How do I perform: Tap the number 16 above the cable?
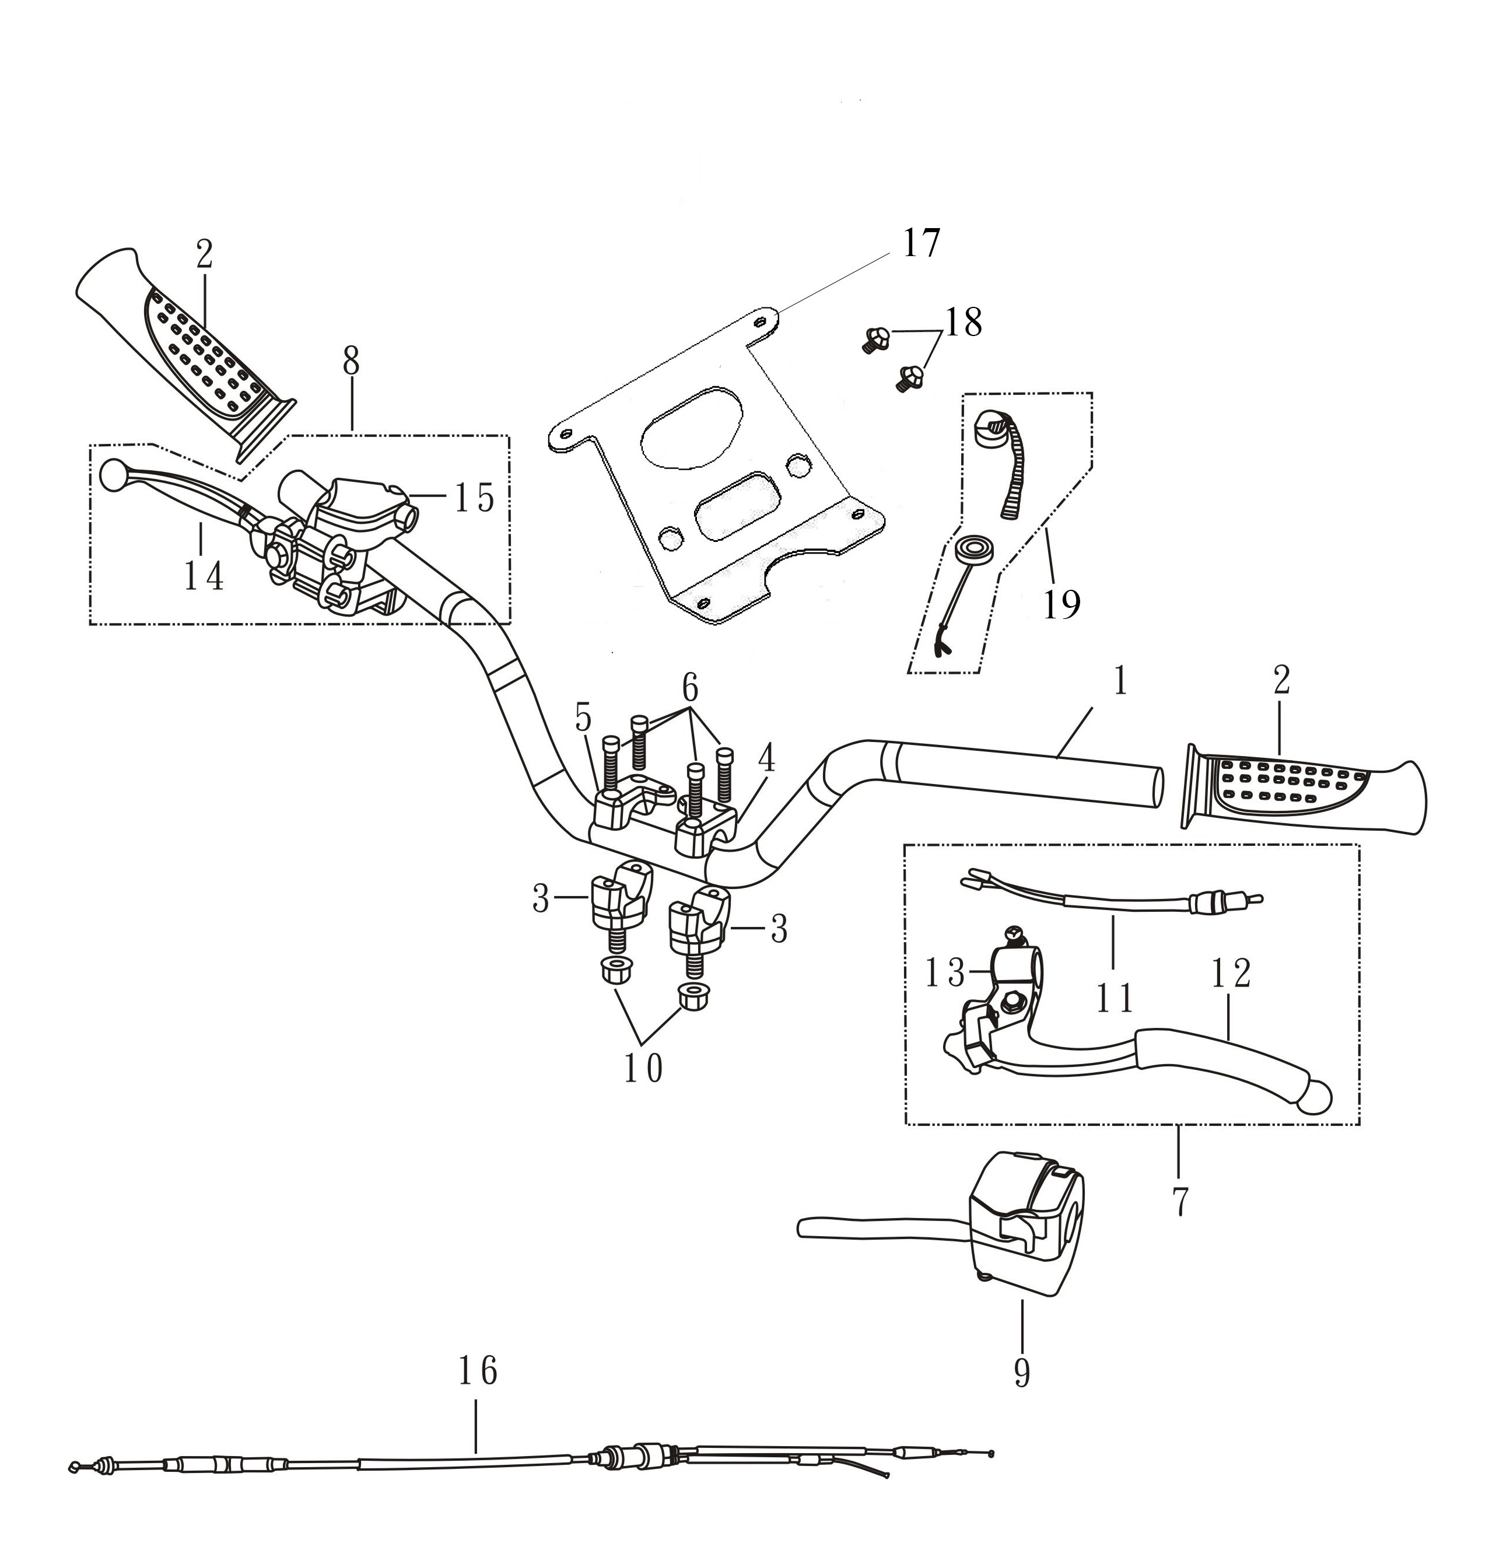(x=478, y=1370)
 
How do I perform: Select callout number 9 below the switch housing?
(x=1022, y=1374)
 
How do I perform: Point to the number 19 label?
(x=1061, y=605)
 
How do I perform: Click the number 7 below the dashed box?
(x=1180, y=1201)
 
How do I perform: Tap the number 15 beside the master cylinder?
(x=474, y=498)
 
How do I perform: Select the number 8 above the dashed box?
(x=351, y=362)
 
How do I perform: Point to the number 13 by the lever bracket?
(x=945, y=974)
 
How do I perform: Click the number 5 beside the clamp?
(x=583, y=718)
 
